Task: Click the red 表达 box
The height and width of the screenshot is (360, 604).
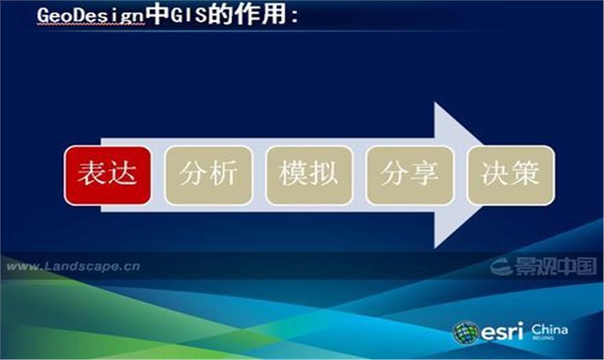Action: click(x=108, y=175)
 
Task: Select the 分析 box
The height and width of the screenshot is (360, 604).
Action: click(x=208, y=175)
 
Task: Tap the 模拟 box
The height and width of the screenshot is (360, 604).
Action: click(x=309, y=175)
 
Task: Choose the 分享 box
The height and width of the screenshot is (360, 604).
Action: click(x=410, y=175)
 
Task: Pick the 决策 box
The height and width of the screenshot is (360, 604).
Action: click(x=511, y=175)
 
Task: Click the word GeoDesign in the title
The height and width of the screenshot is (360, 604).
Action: click(x=90, y=16)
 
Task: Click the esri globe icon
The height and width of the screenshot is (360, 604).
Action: click(x=466, y=333)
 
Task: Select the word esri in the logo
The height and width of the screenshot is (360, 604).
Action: click(x=503, y=332)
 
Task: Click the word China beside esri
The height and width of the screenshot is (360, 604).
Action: click(x=549, y=330)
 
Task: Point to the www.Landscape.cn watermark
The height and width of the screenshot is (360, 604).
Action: click(x=73, y=266)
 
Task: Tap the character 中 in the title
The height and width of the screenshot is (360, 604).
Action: click(x=157, y=15)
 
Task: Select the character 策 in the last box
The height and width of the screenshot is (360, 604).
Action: click(x=525, y=173)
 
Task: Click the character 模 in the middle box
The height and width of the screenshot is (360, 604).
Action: click(x=294, y=173)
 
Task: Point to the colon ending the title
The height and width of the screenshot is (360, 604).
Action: click(x=294, y=16)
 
